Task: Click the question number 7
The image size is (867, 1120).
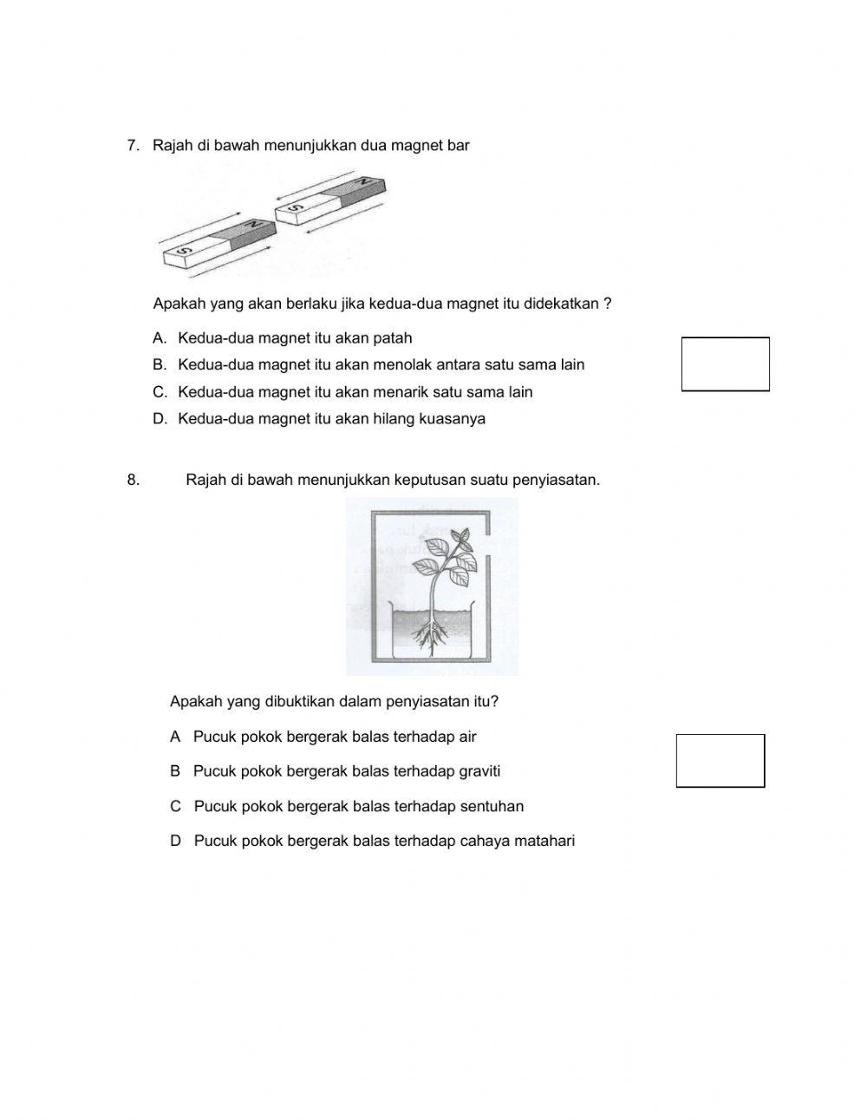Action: (x=133, y=146)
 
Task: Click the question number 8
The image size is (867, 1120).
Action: (x=133, y=480)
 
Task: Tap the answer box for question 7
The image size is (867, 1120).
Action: (x=725, y=364)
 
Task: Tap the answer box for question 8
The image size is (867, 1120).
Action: (x=720, y=761)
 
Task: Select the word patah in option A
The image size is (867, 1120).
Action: (x=393, y=338)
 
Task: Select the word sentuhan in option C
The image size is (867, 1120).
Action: (x=492, y=807)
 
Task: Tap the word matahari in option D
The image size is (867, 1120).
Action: (x=544, y=841)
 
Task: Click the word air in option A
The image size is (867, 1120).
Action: (x=467, y=737)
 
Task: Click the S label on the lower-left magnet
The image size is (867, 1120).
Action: (x=183, y=252)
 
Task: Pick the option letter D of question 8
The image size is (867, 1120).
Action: (x=176, y=841)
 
